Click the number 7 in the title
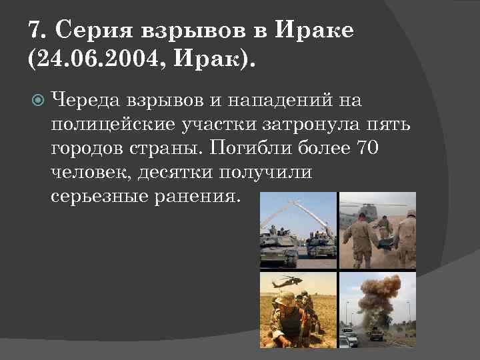36,30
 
